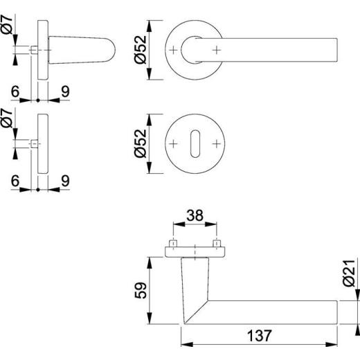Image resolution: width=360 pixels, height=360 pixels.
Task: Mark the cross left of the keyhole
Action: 174,143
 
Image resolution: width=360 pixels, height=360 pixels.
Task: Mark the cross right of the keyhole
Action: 217,143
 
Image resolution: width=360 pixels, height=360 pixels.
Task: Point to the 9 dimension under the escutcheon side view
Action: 64,179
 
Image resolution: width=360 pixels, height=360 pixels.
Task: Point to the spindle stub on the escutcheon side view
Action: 34,144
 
